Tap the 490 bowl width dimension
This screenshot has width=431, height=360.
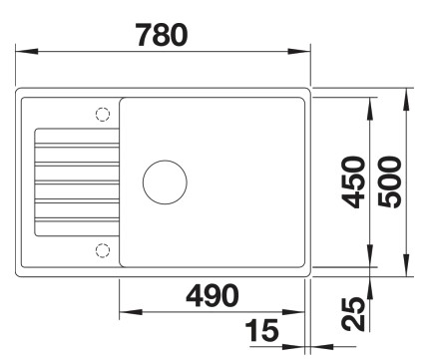[x=212, y=295]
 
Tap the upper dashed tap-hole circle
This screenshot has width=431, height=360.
[x=102, y=114]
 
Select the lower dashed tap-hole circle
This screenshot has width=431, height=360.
[x=102, y=248]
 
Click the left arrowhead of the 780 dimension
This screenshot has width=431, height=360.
[x=24, y=53]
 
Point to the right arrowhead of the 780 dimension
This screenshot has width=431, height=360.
[x=303, y=53]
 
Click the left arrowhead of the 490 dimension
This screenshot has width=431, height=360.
[x=125, y=309]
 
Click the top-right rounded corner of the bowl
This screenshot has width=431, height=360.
[x=300, y=103]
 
